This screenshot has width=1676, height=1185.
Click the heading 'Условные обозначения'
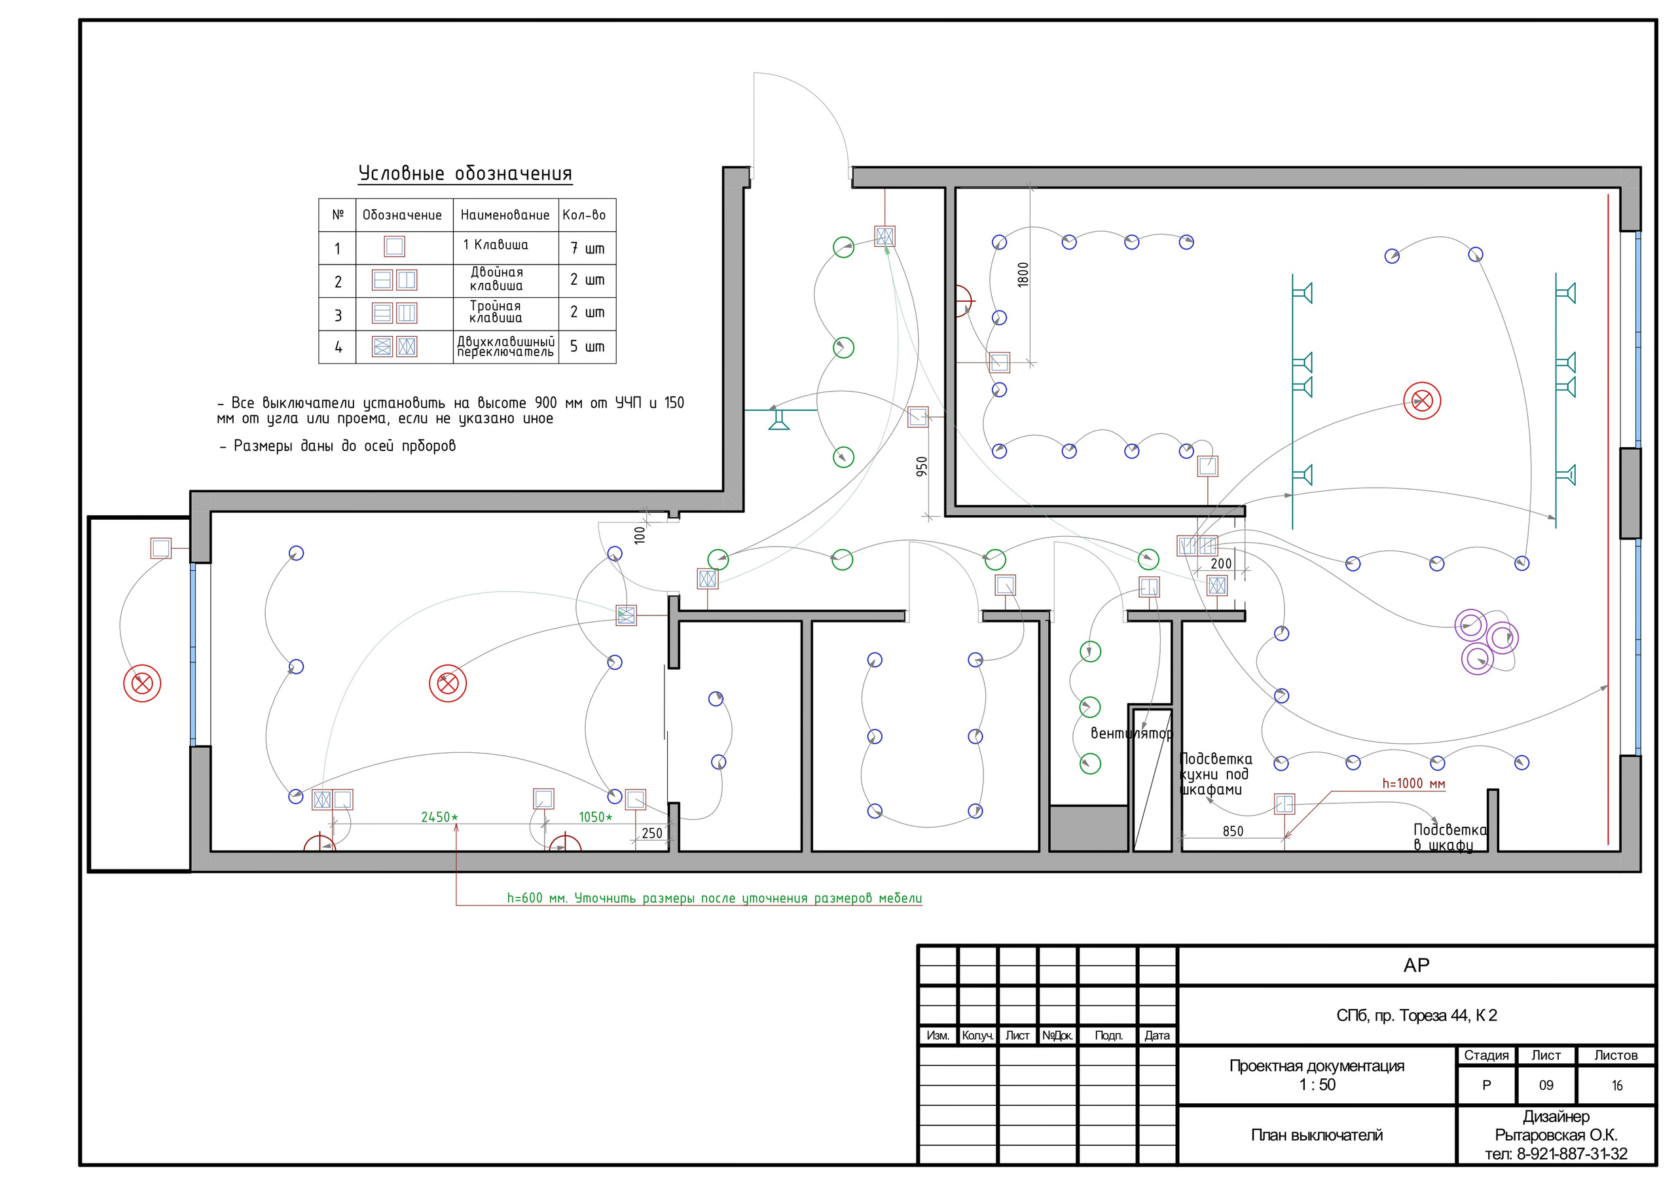(x=465, y=173)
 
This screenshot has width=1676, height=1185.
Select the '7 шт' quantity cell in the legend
(x=587, y=248)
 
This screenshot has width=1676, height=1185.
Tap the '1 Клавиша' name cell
(x=495, y=245)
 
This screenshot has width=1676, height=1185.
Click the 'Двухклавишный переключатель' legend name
(x=506, y=347)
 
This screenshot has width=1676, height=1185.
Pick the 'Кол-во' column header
(x=584, y=215)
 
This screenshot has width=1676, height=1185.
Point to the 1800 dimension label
(x=1023, y=274)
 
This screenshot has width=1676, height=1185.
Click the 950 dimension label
(x=922, y=467)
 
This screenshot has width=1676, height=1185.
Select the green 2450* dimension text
(x=439, y=817)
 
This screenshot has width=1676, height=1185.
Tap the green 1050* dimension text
(x=596, y=817)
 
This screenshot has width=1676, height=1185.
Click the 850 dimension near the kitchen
(x=1233, y=831)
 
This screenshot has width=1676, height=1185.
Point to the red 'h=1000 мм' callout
(x=1413, y=784)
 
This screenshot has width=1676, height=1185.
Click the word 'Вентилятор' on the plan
(x=1131, y=733)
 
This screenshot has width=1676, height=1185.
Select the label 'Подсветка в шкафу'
(x=1449, y=837)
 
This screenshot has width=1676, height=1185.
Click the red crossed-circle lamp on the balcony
(x=142, y=684)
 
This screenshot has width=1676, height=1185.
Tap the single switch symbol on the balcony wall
(x=160, y=547)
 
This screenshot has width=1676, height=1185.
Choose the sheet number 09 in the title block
(x=1546, y=1085)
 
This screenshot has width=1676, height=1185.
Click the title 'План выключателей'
(x=1317, y=1135)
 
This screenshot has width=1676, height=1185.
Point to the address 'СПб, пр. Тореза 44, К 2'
(x=1416, y=1015)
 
